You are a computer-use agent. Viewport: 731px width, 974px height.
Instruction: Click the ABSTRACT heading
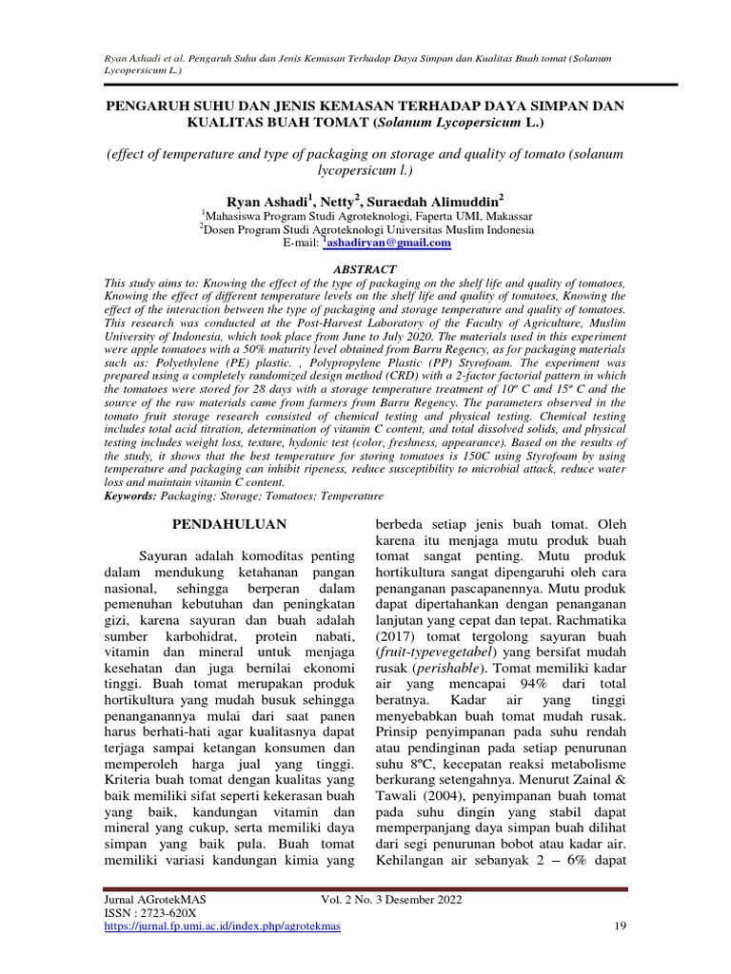pyautogui.click(x=365, y=270)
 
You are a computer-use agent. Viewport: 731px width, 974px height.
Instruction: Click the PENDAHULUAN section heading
pyautogui.click(x=227, y=524)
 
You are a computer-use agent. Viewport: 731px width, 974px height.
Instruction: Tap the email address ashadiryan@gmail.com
pyautogui.click(x=388, y=243)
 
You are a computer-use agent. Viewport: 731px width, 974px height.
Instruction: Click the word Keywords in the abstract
pyautogui.click(x=130, y=496)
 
